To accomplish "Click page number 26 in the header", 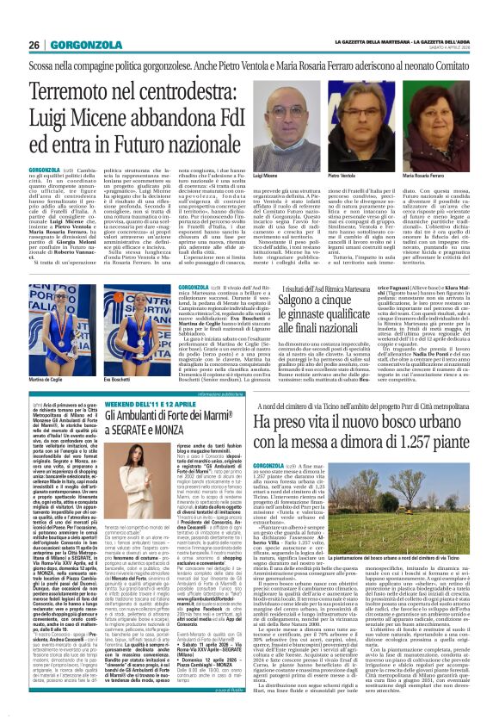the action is (34, 45).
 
